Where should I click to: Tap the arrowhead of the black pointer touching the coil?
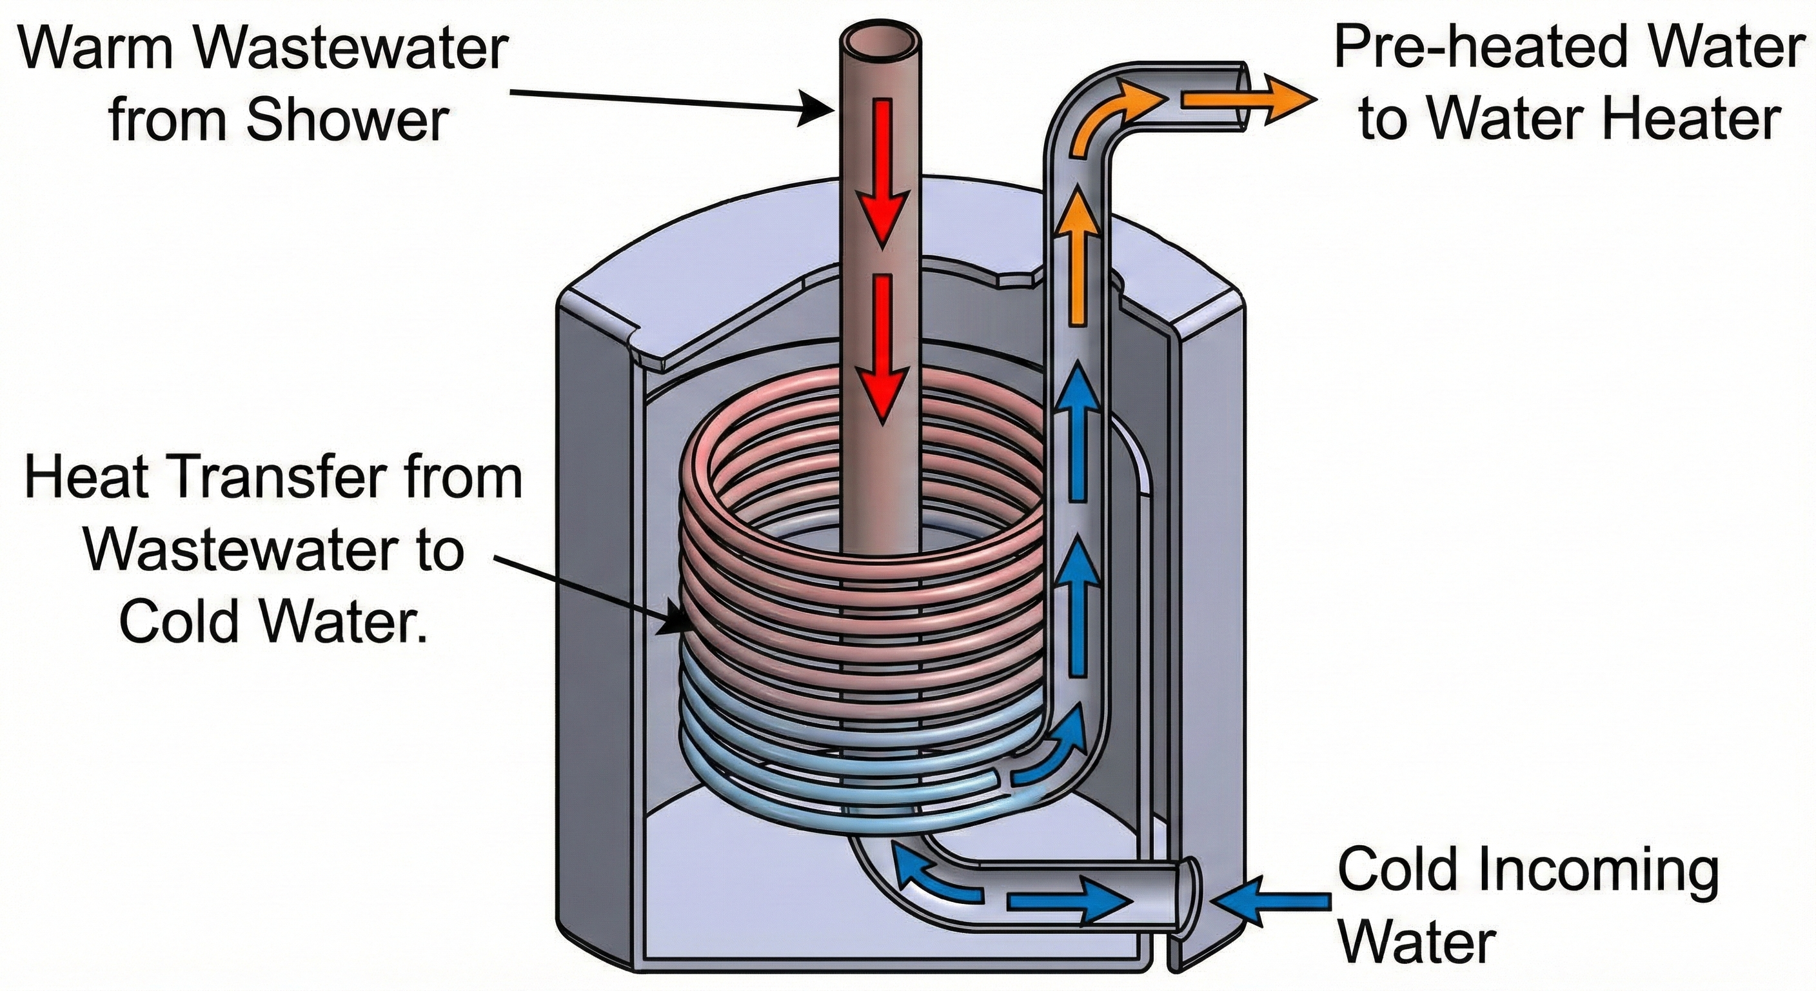(x=673, y=623)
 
